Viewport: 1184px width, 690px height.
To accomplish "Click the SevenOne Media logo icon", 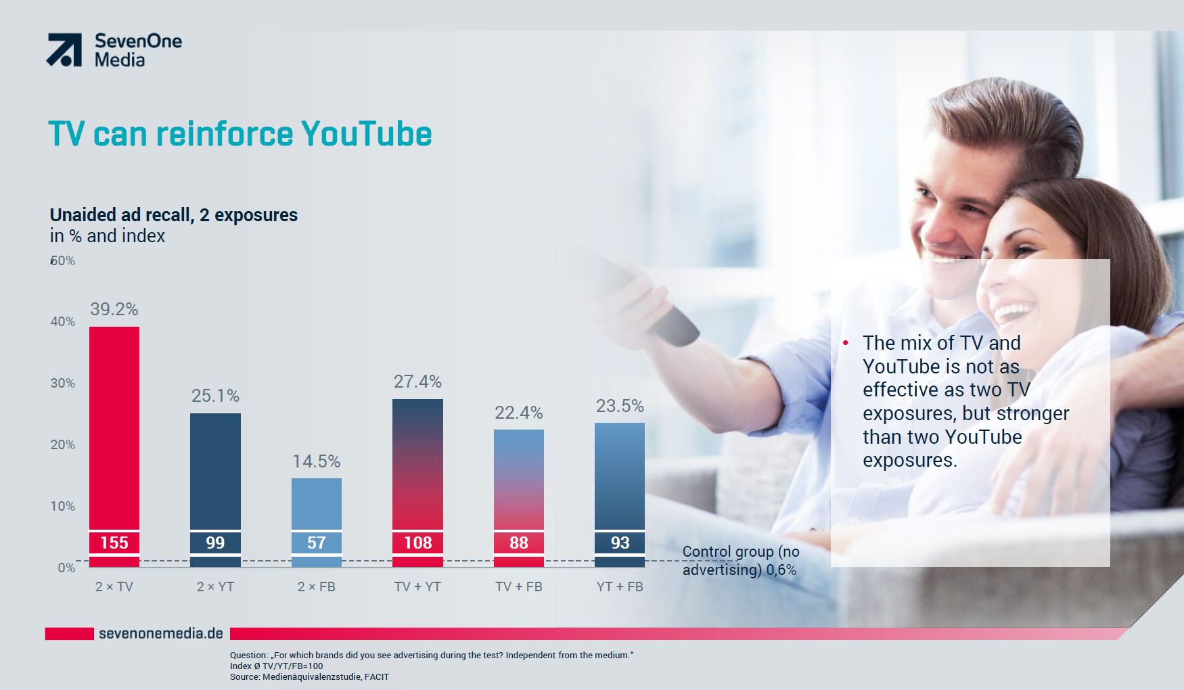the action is tap(64, 50).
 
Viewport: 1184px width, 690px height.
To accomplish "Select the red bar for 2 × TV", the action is tap(114, 446).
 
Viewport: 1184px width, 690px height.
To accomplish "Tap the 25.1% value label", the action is tap(215, 396).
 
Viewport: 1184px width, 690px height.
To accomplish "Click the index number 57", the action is tap(317, 543).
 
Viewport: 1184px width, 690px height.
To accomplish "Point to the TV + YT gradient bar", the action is tap(417, 483).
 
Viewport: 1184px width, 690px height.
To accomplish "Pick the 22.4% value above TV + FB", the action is tap(519, 413).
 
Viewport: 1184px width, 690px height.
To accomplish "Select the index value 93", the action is tap(620, 543).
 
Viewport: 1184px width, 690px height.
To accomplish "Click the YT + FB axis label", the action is tap(620, 586).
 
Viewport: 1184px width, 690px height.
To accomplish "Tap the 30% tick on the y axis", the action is tap(62, 383).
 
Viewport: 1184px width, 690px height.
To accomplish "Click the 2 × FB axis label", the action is tap(317, 586).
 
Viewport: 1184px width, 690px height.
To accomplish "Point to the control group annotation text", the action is tap(741, 561).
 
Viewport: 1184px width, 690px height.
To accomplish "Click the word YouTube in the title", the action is tap(366, 133).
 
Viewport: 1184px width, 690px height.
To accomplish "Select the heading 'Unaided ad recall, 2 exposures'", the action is tap(174, 215).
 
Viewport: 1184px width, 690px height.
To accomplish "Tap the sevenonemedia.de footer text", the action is tap(161, 634).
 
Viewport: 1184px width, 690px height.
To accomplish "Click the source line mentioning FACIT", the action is tap(309, 676).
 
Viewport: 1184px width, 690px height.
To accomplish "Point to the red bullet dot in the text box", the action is tap(846, 344).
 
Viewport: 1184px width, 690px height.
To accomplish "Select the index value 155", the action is tap(114, 543).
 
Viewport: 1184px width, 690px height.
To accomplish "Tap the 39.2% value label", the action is tap(114, 309).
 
